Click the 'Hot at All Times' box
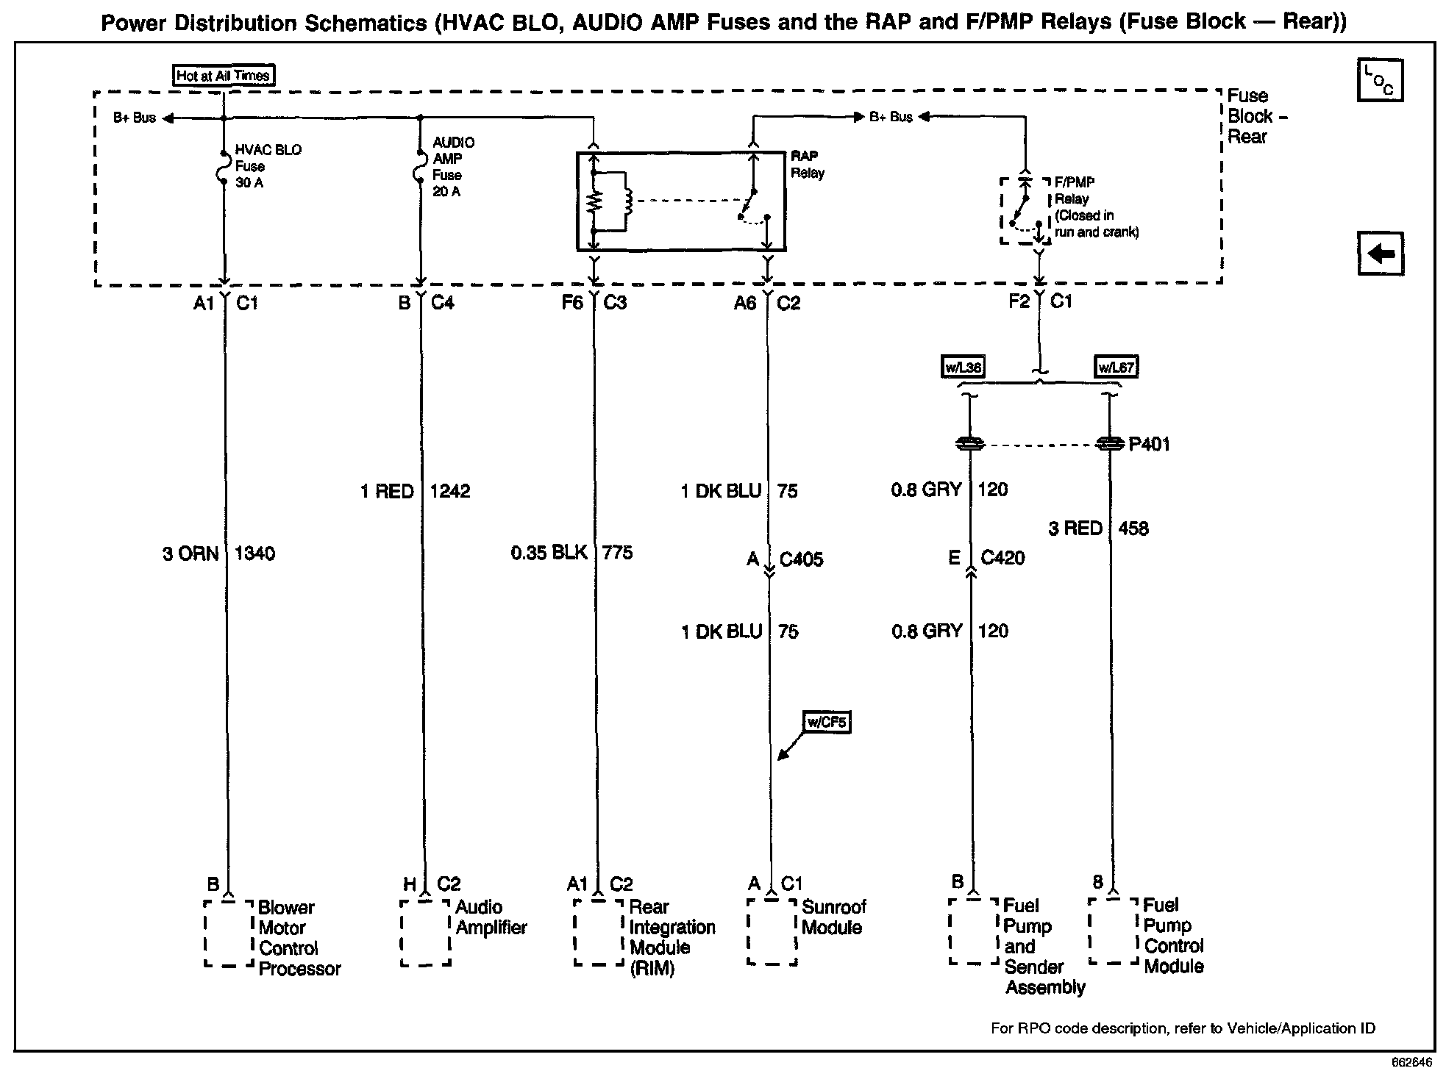click(x=224, y=75)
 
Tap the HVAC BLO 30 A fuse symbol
click(x=224, y=167)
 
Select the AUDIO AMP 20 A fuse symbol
click(x=421, y=167)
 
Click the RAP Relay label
click(x=808, y=165)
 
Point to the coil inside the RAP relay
click(x=627, y=201)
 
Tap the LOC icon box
click(x=1380, y=80)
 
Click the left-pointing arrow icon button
click(x=1380, y=254)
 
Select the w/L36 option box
click(x=963, y=367)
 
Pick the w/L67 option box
click(x=1116, y=367)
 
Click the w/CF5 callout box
click(x=827, y=722)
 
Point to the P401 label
click(x=1149, y=445)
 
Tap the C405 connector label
click(x=801, y=560)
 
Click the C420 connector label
click(x=1002, y=559)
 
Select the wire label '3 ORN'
click(x=190, y=553)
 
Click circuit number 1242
click(x=449, y=492)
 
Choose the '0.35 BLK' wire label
click(x=549, y=553)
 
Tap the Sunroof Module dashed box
click(x=772, y=931)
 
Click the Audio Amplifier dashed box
click(x=425, y=932)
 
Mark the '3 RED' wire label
click(x=1075, y=529)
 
